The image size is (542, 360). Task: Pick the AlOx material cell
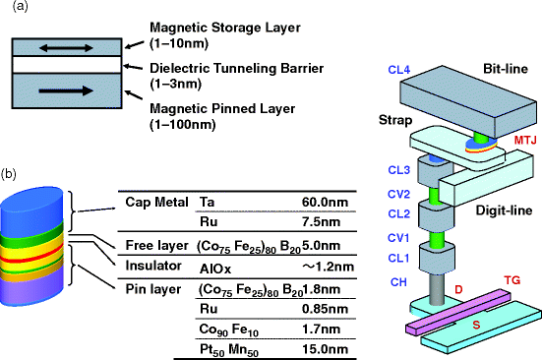click(x=215, y=266)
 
